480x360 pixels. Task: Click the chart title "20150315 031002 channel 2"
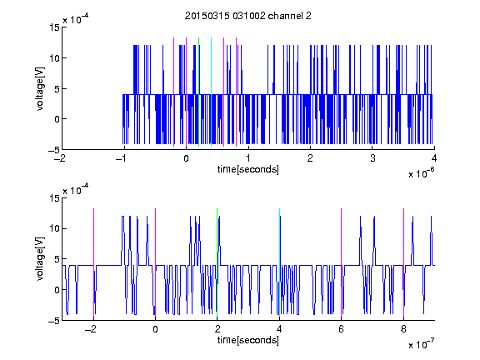[x=248, y=16]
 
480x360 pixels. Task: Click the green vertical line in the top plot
[x=198, y=92]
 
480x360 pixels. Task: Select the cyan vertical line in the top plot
[x=211, y=92]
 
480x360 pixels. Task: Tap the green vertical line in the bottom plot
[x=217, y=262]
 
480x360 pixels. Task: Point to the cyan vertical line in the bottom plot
[x=279, y=262]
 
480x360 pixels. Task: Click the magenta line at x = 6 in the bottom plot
[x=342, y=262]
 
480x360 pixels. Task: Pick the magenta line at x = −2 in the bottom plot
[x=93, y=262]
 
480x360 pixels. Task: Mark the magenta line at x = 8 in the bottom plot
[x=404, y=262]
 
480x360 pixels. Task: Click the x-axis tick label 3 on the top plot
[x=372, y=158]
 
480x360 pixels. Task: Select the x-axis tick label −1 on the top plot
[x=121, y=158]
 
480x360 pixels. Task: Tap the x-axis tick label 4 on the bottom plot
[x=279, y=329]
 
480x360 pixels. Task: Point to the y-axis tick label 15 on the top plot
[x=54, y=27]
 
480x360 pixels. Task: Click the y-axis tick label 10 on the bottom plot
[x=54, y=228]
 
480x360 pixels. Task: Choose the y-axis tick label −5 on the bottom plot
[x=54, y=321]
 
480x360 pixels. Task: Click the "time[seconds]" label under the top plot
[x=248, y=169]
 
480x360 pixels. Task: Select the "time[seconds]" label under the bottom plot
[x=248, y=340]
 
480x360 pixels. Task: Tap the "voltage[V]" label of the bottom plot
[x=40, y=259]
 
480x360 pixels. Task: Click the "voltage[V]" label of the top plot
[x=40, y=89]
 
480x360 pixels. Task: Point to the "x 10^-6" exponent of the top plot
[x=421, y=173]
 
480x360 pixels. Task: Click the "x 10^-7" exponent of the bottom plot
[x=421, y=344]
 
